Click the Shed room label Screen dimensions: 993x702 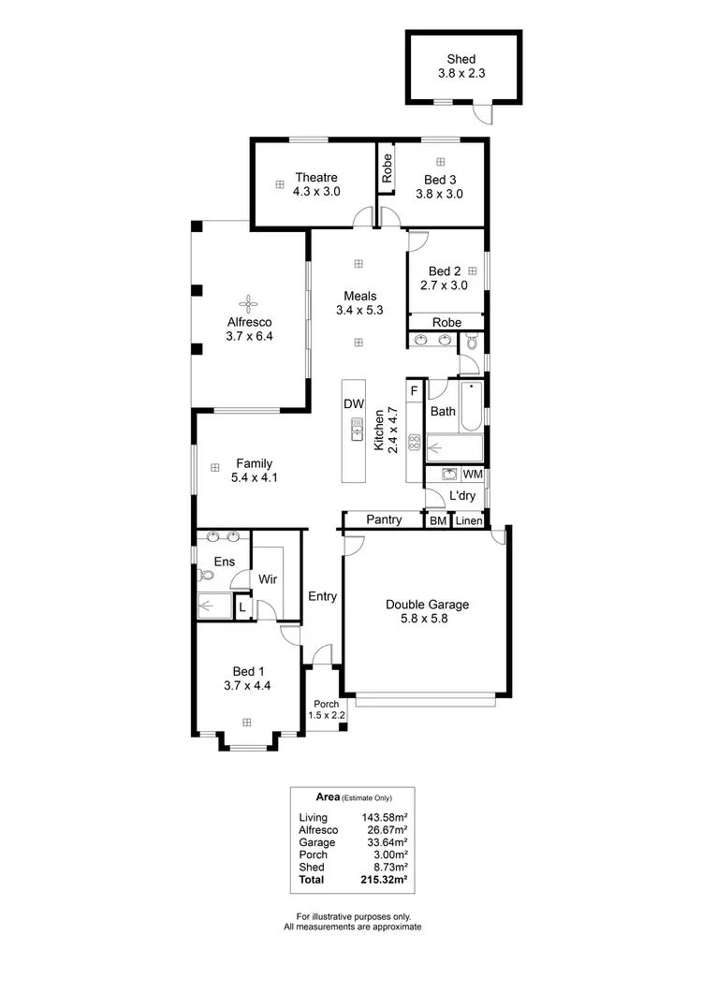(461, 59)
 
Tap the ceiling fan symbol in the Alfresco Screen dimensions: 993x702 (249, 302)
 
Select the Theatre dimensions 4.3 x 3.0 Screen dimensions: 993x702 (316, 191)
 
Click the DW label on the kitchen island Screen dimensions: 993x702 (354, 404)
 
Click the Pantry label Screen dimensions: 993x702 (384, 518)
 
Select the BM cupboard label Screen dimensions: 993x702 (438, 519)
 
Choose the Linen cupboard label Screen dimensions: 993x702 (469, 519)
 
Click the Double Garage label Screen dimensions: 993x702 (427, 605)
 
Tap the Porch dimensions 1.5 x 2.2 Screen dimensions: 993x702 (327, 716)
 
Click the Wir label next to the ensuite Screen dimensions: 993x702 (267, 578)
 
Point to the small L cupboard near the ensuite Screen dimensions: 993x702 (241, 606)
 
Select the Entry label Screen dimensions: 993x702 (322, 595)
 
